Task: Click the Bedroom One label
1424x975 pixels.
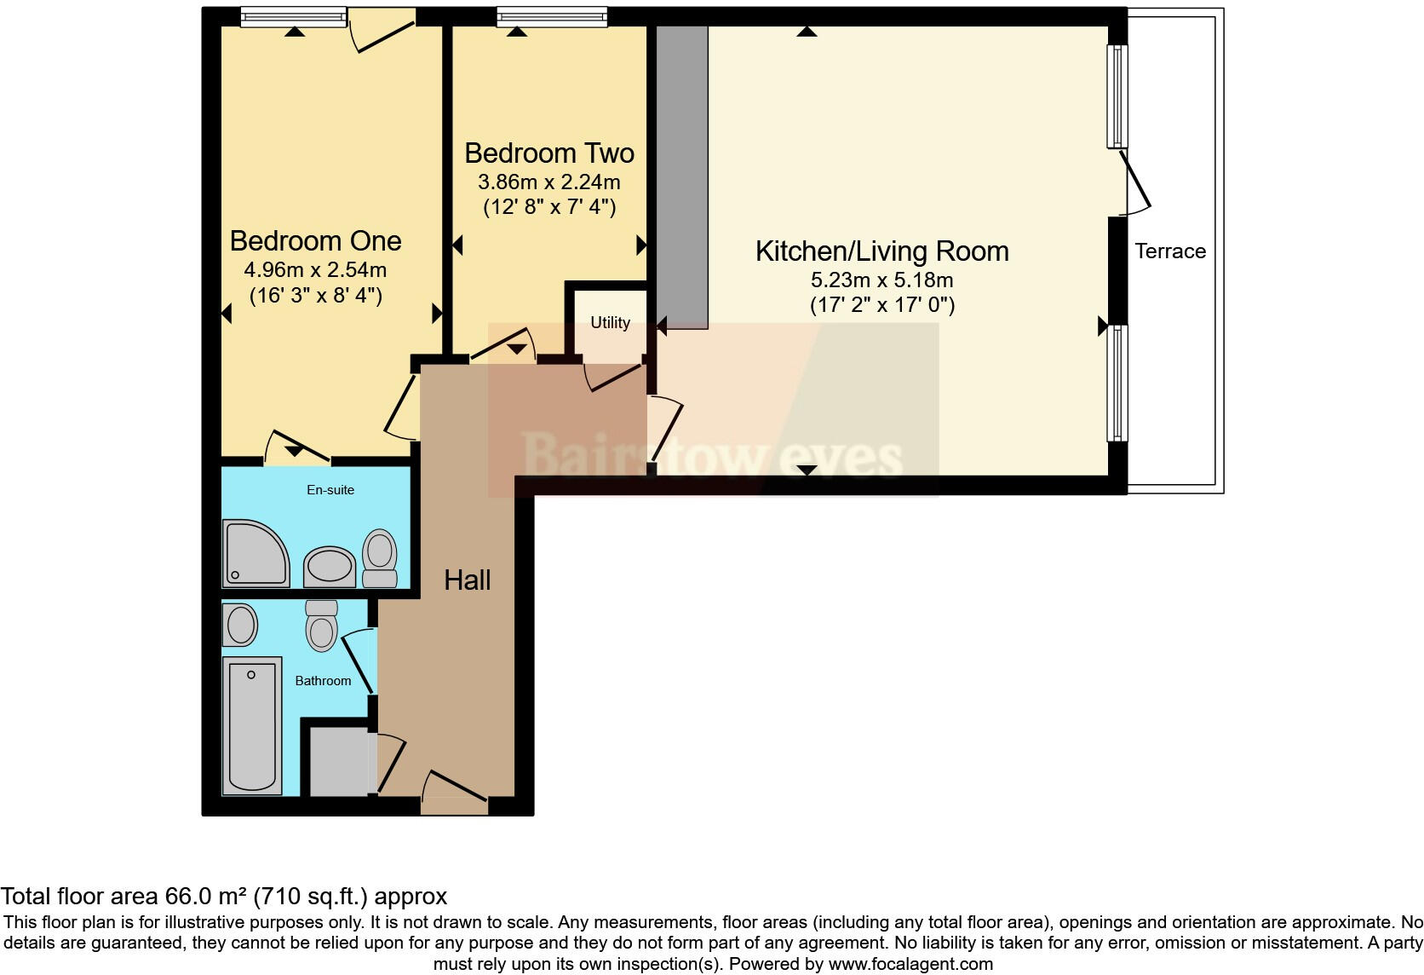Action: [315, 241]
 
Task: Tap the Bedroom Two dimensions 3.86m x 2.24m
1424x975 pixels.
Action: [548, 182]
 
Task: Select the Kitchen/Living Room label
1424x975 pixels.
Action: [881, 251]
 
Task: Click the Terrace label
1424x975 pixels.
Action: [1169, 251]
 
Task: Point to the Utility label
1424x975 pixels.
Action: [610, 322]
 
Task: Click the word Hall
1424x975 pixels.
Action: [467, 580]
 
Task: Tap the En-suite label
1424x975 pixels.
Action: [330, 490]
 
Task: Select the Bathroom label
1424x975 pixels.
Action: [323, 681]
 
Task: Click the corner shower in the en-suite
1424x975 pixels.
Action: [253, 554]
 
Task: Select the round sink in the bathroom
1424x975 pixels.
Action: [241, 626]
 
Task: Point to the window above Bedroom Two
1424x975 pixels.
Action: [551, 17]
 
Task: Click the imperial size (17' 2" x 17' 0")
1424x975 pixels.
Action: [881, 305]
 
